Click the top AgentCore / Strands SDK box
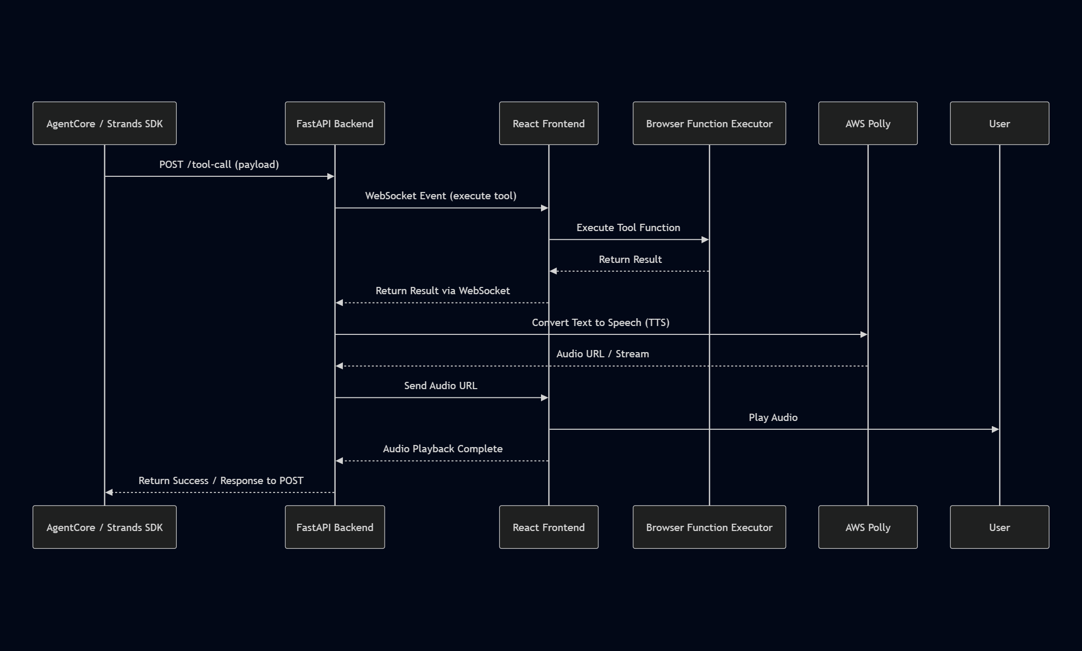(x=104, y=124)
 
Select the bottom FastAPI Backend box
(x=335, y=527)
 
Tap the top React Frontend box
(x=548, y=124)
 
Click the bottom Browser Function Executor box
(x=709, y=527)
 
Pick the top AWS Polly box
(x=868, y=124)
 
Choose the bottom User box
(x=999, y=527)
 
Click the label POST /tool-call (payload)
(x=219, y=165)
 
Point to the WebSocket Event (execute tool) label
(x=440, y=196)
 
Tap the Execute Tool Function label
(x=628, y=228)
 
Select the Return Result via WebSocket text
(x=442, y=291)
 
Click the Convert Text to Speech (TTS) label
(x=600, y=323)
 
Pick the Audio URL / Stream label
(x=603, y=354)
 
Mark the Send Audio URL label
(x=440, y=386)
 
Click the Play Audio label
(x=773, y=418)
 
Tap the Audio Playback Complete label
(x=442, y=449)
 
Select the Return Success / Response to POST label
(x=220, y=481)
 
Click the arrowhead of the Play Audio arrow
(x=995, y=429)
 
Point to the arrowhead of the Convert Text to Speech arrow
(x=864, y=334)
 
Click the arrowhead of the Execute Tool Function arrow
(x=705, y=240)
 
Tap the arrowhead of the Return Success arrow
(x=109, y=492)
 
